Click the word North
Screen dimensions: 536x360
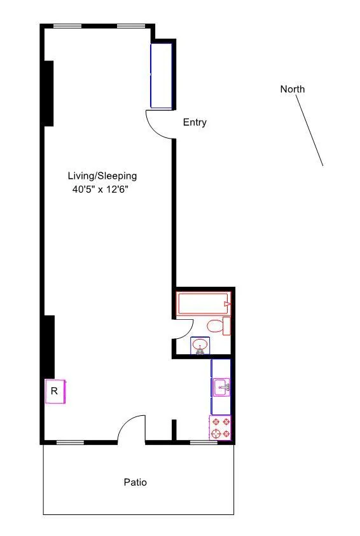[x=292, y=89]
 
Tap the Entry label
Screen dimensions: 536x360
[x=195, y=123]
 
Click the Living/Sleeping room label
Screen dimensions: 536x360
[x=102, y=176]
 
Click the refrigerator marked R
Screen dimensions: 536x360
[x=55, y=391]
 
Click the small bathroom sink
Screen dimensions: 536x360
[x=201, y=347]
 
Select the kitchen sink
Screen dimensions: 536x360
[x=221, y=387]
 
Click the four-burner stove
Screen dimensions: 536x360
[x=221, y=428]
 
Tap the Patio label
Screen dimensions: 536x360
[x=135, y=483]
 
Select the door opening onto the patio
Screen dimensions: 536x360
[x=132, y=429]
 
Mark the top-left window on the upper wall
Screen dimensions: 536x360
[x=67, y=26]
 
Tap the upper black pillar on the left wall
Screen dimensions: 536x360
[x=48, y=93]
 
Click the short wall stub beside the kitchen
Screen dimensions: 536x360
[x=173, y=430]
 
